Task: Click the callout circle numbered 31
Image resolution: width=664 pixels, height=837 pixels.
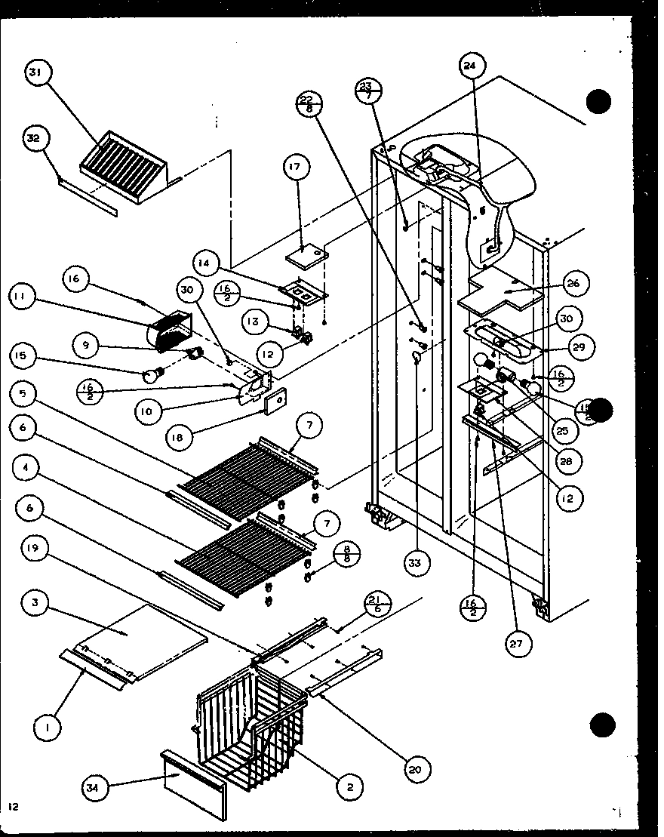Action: pos(36,73)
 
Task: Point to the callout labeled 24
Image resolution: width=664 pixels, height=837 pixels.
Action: pos(471,66)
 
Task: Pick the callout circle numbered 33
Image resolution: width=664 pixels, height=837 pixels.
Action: pos(414,562)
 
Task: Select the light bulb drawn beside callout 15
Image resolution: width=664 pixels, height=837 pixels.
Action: pos(155,374)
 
